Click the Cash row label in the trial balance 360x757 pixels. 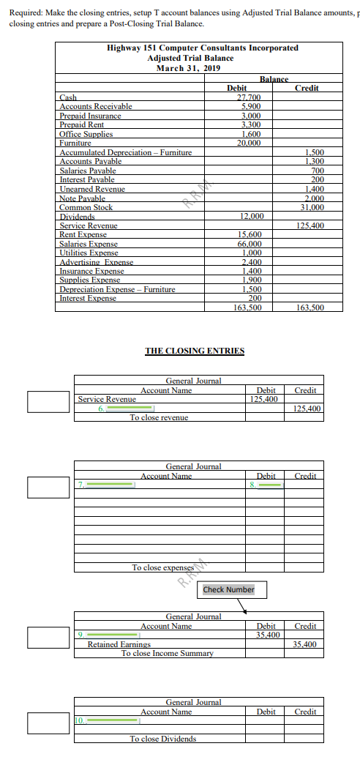pyautogui.click(x=68, y=97)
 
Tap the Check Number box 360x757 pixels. pyautogui.click(x=228, y=589)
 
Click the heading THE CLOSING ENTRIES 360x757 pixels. pyautogui.click(x=194, y=351)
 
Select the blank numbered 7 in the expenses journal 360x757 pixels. pyautogui.click(x=109, y=485)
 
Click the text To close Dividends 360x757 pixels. pyautogui.click(x=163, y=739)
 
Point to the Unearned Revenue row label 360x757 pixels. pyautogui.click(x=92, y=189)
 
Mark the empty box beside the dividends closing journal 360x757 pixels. pyautogui.click(x=49, y=722)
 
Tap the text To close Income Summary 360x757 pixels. pyautogui.click(x=168, y=654)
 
